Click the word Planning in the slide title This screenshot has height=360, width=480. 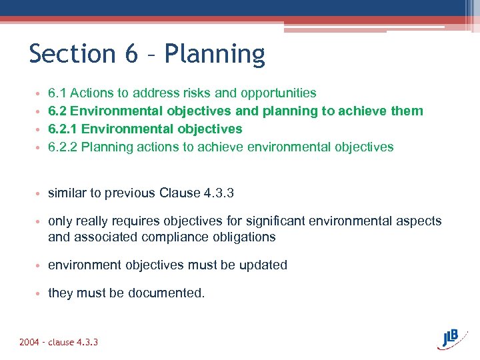215,55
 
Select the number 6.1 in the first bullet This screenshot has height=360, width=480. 57,93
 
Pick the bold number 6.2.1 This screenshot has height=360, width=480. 63,129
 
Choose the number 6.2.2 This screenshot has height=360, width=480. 63,147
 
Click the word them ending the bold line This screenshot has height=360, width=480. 407,111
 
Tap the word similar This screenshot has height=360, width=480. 67,193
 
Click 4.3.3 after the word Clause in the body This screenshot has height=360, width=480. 217,193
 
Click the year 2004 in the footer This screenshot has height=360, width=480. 29,342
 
